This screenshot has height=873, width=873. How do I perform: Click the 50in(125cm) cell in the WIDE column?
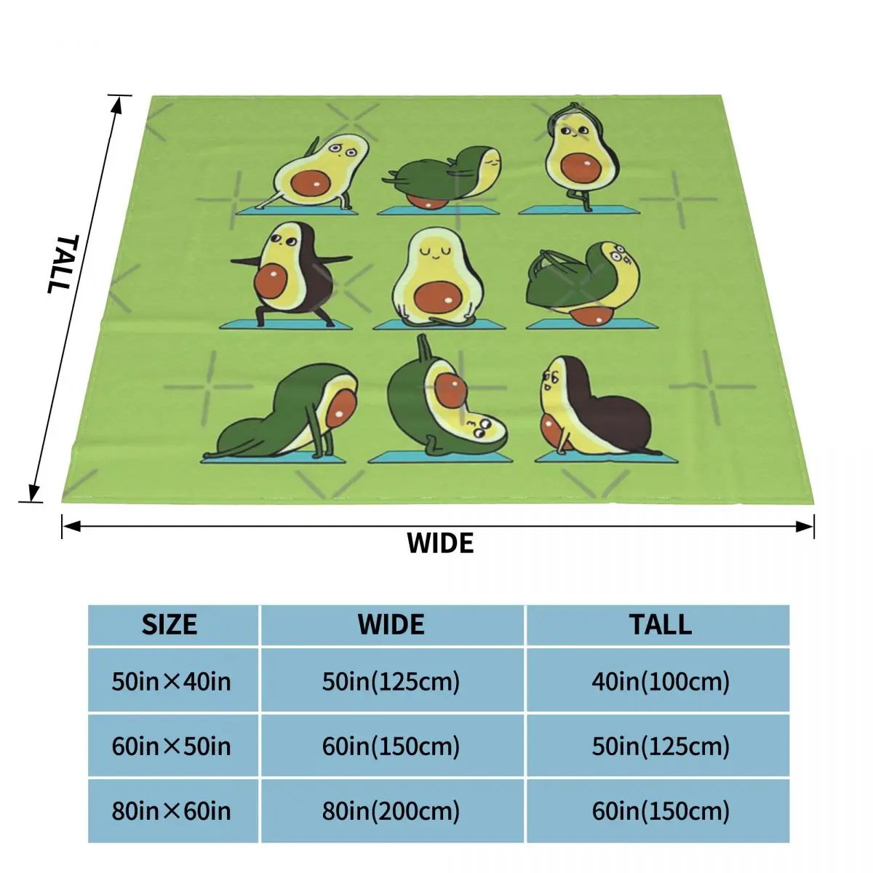pos(391,682)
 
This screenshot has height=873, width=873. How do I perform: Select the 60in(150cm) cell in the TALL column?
pos(661,810)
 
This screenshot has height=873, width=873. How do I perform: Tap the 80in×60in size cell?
pos(172,810)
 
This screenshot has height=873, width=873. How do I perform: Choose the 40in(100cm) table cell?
pos(661,682)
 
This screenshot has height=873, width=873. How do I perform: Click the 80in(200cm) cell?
pos(391,810)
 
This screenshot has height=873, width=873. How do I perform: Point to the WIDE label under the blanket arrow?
pos(440,543)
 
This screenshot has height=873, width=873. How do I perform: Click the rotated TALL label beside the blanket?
pos(63,263)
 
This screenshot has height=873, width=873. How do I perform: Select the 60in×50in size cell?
pos(172,746)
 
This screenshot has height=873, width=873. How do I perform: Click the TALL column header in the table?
pos(661,625)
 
